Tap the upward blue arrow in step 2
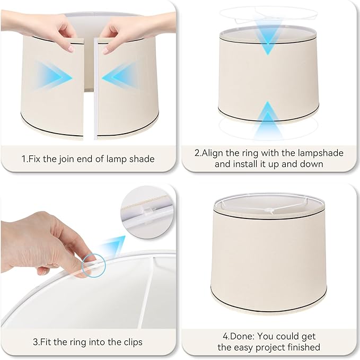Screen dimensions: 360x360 [x=268, y=119]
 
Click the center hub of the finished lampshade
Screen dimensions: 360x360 [x=271, y=212]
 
